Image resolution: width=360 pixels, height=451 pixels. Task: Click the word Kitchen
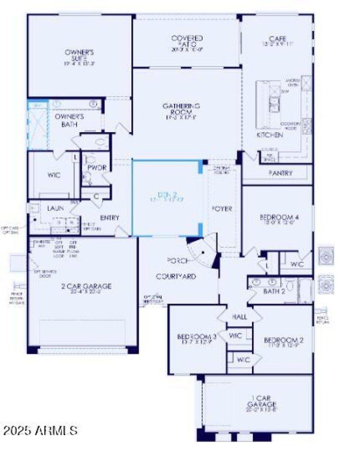270,135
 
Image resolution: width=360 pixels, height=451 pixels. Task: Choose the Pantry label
280,173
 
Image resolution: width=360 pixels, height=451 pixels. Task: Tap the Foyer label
222,209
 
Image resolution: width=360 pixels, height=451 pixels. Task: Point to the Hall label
239,317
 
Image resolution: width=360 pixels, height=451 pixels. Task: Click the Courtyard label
176,276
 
